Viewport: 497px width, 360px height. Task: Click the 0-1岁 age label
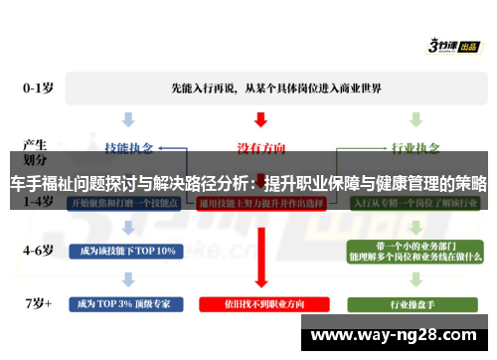[40, 88]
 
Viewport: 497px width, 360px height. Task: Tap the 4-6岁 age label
[40, 249]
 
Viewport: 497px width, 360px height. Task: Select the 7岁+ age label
[40, 300]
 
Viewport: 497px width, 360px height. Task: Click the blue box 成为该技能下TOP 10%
[123, 250]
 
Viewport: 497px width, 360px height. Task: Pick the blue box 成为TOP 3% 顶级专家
[123, 301]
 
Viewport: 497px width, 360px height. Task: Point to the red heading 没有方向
[260, 147]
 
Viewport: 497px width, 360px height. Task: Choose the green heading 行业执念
[414, 147]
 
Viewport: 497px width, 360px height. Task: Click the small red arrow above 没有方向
[260, 120]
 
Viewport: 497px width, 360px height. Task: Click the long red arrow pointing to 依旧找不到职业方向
[260, 254]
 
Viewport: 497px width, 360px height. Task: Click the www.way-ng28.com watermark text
[402, 334]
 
